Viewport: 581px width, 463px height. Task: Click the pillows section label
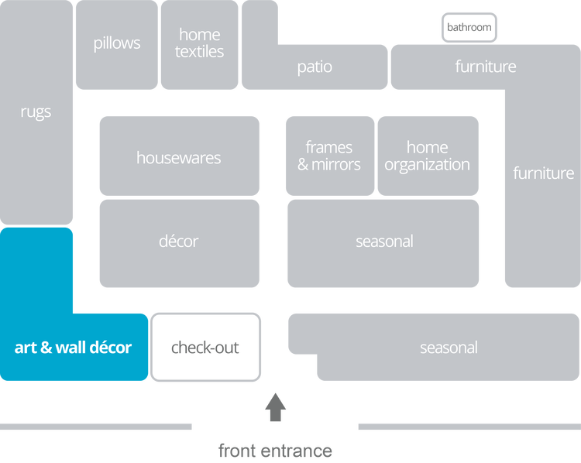(x=117, y=43)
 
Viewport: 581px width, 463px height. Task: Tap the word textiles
(x=199, y=52)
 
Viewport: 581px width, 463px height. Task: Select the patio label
(x=315, y=67)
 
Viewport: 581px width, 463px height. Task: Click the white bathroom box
(x=469, y=28)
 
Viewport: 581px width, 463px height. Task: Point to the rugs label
(x=36, y=112)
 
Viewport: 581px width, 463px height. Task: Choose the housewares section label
(x=178, y=158)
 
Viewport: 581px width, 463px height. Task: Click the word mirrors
(x=336, y=165)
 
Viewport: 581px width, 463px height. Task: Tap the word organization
(x=427, y=165)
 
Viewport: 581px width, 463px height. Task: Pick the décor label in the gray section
(x=178, y=242)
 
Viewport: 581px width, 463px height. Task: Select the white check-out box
(x=205, y=348)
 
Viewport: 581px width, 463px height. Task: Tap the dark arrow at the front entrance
(x=275, y=407)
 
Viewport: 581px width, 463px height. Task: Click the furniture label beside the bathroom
(x=485, y=67)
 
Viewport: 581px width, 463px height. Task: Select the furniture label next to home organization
(x=543, y=173)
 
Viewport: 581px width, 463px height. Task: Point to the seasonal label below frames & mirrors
(x=384, y=242)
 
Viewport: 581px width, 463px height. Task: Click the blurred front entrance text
(x=275, y=450)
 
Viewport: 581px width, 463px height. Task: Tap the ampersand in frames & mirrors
(x=303, y=165)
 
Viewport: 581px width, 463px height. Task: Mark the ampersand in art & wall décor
(x=46, y=348)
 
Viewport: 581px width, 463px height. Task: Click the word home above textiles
(x=199, y=35)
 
